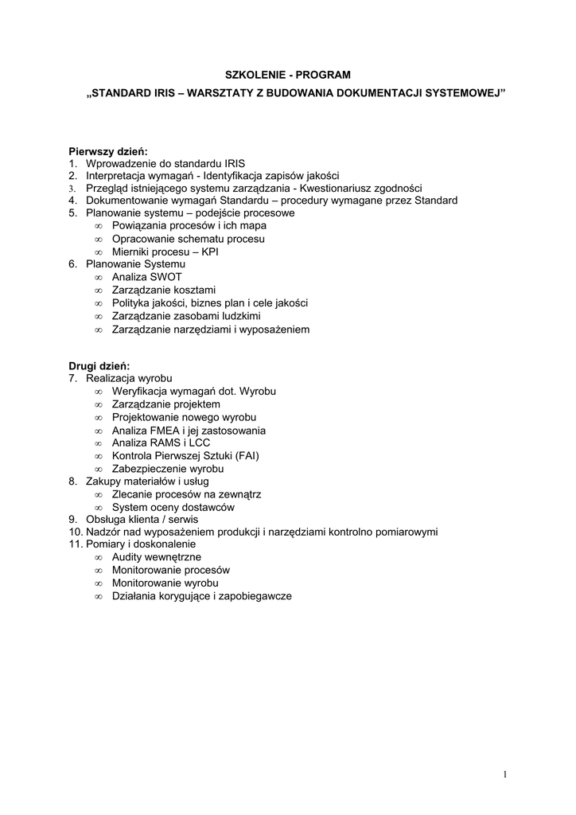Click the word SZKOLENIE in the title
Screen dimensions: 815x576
click(x=253, y=75)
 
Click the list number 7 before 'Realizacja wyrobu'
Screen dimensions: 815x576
click(x=72, y=379)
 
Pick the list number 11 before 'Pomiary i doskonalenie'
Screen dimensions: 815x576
click(x=75, y=544)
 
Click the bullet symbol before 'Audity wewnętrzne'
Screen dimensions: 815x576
click(x=99, y=558)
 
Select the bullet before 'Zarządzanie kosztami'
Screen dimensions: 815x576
click(x=99, y=291)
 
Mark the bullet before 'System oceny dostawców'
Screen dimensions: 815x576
click(x=99, y=507)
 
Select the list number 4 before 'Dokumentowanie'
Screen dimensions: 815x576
click(x=72, y=201)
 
